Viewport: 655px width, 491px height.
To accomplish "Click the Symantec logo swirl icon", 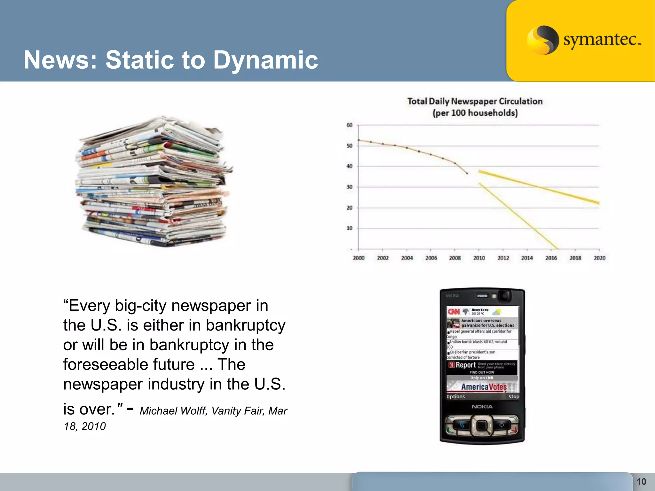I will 542,40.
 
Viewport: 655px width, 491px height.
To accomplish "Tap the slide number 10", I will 641,481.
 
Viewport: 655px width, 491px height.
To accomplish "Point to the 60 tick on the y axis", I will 349,125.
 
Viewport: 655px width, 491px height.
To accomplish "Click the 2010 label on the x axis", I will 479,258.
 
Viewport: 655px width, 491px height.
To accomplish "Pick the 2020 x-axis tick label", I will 599,258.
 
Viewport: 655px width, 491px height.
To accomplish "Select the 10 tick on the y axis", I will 349,228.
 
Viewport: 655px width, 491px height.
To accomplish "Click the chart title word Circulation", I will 521,101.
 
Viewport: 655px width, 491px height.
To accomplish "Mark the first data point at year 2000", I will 359,140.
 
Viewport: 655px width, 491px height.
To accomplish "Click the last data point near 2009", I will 467,174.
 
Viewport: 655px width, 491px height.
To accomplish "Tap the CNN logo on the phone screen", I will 454,312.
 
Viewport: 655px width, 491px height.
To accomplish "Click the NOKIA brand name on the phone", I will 482,407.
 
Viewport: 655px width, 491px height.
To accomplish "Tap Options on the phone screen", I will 456,397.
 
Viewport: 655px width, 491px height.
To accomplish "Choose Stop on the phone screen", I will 514,397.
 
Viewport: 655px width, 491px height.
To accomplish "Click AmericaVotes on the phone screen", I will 484,387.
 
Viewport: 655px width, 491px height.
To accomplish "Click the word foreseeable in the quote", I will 129,365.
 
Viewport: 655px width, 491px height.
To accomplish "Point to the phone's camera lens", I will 505,296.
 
